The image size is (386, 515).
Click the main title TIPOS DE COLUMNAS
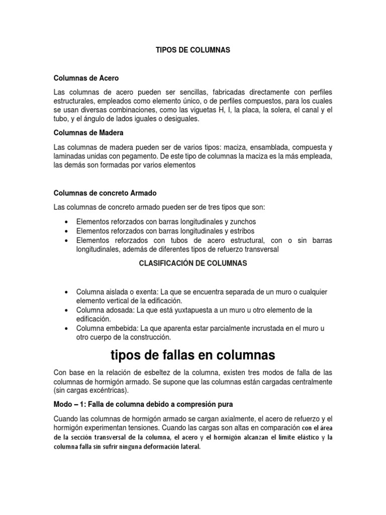(193, 50)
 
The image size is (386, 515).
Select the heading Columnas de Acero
(86, 78)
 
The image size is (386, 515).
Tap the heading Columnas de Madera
(89, 133)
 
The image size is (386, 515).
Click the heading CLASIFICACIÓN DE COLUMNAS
(192, 263)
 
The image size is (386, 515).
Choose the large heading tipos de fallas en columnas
(192, 356)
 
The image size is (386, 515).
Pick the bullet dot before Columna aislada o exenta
(67, 292)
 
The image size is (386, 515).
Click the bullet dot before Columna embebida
(67, 328)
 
